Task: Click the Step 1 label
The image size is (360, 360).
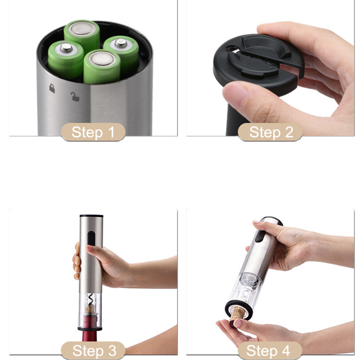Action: pyautogui.click(x=93, y=132)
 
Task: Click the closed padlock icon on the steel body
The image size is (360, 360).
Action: pyautogui.click(x=52, y=88)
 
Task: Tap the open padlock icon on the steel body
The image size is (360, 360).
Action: pyautogui.click(x=75, y=97)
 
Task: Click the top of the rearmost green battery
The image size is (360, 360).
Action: pyautogui.click(x=82, y=28)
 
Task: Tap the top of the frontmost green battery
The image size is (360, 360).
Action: pyautogui.click(x=102, y=59)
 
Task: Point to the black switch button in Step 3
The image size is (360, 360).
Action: pyautogui.click(x=91, y=238)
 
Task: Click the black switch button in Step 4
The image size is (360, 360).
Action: pyautogui.click(x=260, y=236)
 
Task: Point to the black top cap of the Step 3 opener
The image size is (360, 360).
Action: pyautogui.click(x=91, y=216)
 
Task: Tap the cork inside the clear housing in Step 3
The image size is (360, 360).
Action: pyautogui.click(x=90, y=308)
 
